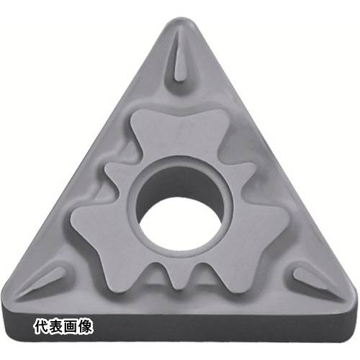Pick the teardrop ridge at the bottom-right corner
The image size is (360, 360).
pos(312,279)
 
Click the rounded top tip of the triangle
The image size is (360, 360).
pos(181,19)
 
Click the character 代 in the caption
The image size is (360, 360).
pos(42,327)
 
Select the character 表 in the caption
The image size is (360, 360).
pos(56,327)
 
